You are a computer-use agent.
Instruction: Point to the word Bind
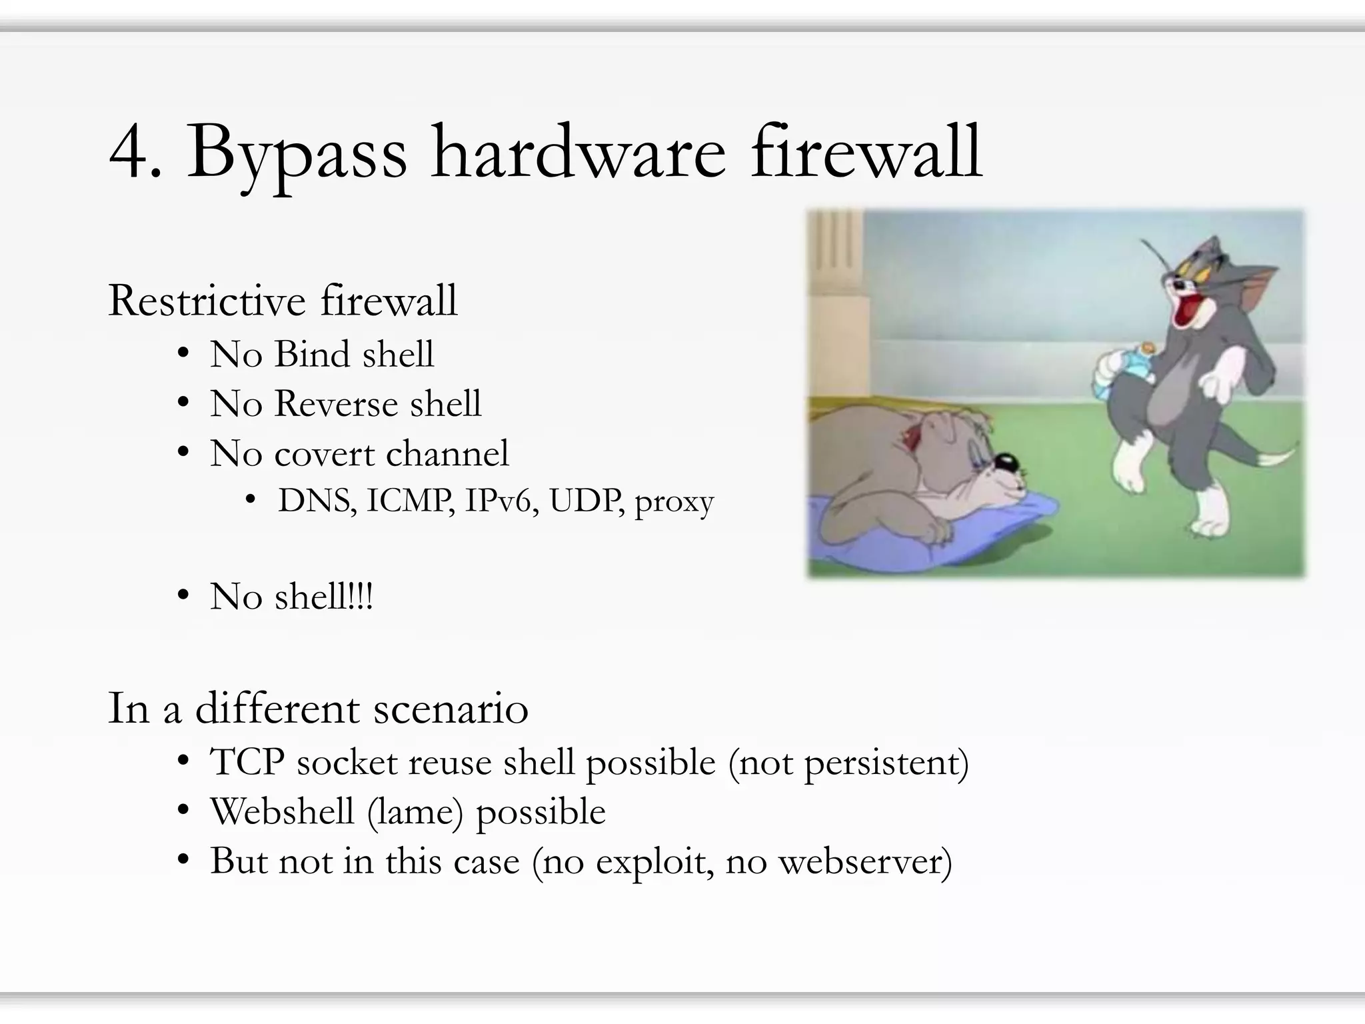[x=311, y=354]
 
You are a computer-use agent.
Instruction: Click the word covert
[x=324, y=454]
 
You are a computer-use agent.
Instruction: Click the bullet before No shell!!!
[x=183, y=595]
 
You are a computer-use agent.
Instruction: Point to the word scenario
[x=451, y=708]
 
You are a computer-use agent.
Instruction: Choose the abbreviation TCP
[x=247, y=761]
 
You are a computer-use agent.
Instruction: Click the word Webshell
[x=281, y=811]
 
